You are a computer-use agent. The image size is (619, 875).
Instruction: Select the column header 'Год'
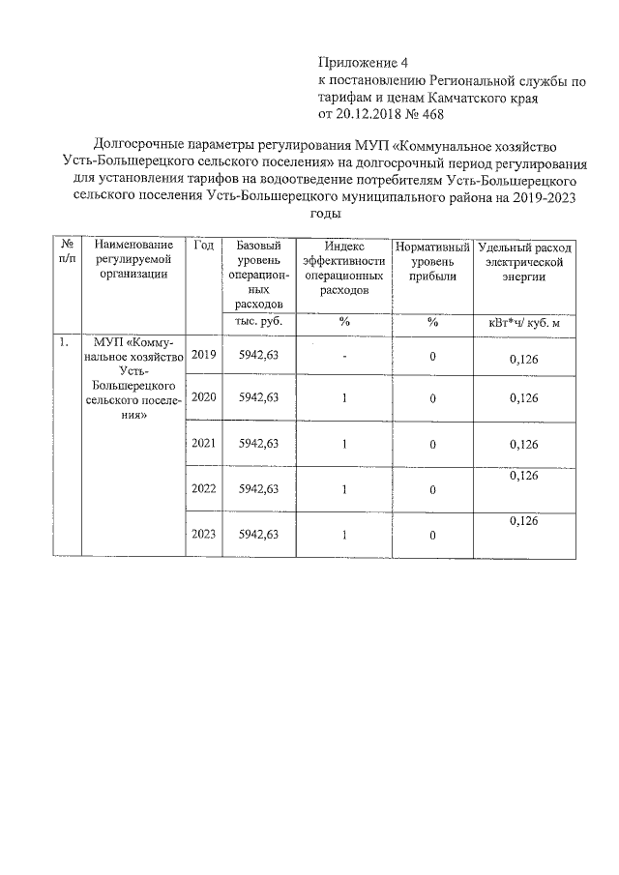[203, 247]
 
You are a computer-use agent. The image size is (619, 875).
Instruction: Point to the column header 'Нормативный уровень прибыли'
[432, 262]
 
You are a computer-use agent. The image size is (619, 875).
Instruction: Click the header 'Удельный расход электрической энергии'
[524, 262]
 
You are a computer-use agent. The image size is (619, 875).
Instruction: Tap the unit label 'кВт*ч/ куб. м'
[524, 323]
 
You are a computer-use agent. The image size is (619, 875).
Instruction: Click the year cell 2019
[203, 356]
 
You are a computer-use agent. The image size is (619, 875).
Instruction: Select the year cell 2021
[203, 444]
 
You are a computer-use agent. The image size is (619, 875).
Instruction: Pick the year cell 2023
[203, 534]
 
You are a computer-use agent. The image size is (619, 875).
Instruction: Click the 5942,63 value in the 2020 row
[258, 397]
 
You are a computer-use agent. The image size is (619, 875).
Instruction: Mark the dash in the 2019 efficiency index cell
[343, 357]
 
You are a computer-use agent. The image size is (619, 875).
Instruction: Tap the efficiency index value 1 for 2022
[343, 489]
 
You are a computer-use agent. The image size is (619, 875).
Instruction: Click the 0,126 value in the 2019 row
[523, 360]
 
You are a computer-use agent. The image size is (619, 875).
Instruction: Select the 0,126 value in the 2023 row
[523, 520]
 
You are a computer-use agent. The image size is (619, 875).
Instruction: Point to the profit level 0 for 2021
[432, 445]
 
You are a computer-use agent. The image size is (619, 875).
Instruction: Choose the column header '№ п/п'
[65, 253]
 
